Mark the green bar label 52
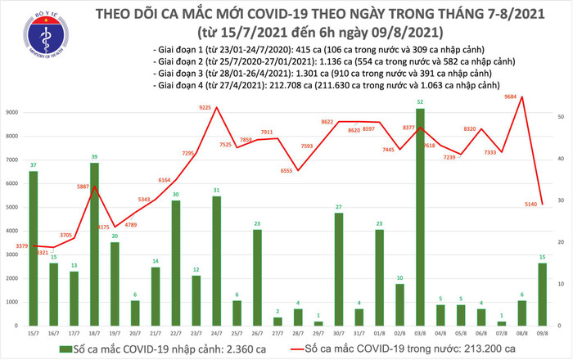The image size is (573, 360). click(x=420, y=102)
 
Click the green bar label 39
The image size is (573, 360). click(x=94, y=157)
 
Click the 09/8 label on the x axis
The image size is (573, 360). click(x=543, y=333)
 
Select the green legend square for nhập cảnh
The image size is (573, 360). click(x=67, y=348)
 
